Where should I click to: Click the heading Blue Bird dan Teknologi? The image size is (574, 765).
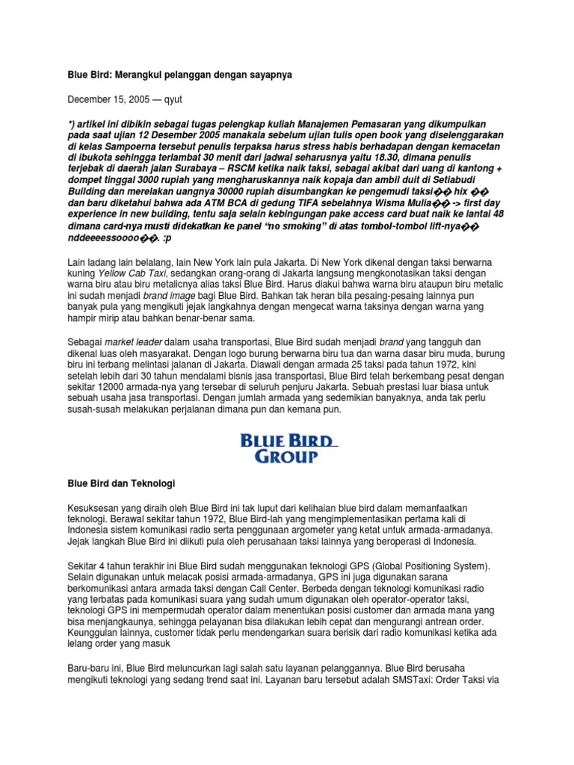pos(120,484)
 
